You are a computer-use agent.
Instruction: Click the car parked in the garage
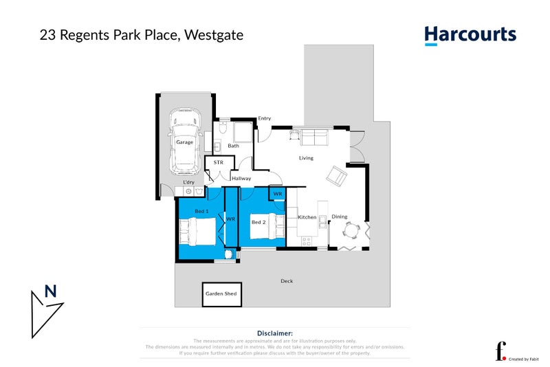click(184, 141)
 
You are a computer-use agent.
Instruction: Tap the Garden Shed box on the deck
click(221, 293)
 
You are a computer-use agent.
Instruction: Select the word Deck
click(287, 280)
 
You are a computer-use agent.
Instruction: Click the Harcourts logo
click(470, 35)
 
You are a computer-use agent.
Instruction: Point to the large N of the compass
click(50, 291)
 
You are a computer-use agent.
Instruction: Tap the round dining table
click(352, 230)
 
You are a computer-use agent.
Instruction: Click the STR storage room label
click(219, 162)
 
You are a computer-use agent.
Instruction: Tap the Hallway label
click(241, 178)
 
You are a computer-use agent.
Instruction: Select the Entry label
click(265, 118)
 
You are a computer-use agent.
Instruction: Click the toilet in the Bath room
click(223, 127)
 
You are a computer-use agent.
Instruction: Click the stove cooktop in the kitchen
click(307, 241)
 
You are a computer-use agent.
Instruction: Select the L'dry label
click(188, 181)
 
